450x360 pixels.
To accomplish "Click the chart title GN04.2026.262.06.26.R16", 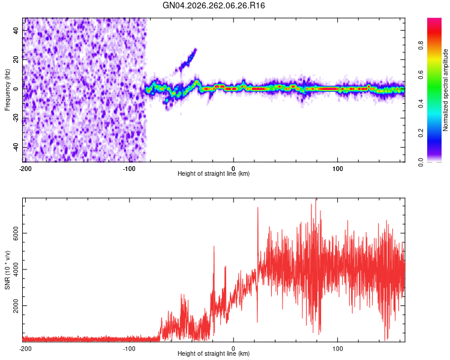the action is click(214, 5).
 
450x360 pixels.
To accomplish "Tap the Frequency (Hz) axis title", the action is click(7, 89).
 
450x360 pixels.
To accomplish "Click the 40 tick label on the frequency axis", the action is click(16, 31).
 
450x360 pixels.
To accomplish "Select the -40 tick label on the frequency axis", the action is click(16, 148).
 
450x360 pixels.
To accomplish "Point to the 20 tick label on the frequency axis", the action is click(16, 60).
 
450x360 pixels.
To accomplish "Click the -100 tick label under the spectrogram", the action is click(129, 169).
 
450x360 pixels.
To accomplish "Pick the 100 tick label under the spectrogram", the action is click(337, 169).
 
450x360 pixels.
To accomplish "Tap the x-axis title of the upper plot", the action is click(214, 173).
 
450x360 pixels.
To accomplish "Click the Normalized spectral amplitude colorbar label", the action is click(445, 90).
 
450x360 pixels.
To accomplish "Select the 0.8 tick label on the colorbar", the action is click(421, 46).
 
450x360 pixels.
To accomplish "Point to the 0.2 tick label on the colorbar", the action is click(421, 133).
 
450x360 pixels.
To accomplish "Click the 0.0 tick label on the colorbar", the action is click(421, 162).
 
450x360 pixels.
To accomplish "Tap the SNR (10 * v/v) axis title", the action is click(7, 270).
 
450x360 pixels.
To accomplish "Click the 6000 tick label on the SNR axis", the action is click(16, 233).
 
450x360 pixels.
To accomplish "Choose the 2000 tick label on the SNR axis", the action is click(16, 306).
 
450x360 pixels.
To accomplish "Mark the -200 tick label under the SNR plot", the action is click(25, 349).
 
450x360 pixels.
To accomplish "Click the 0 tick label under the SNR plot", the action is click(233, 349).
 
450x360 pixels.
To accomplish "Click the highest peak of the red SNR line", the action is click(316, 199).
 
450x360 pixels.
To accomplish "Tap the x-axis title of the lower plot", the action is click(214, 353).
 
